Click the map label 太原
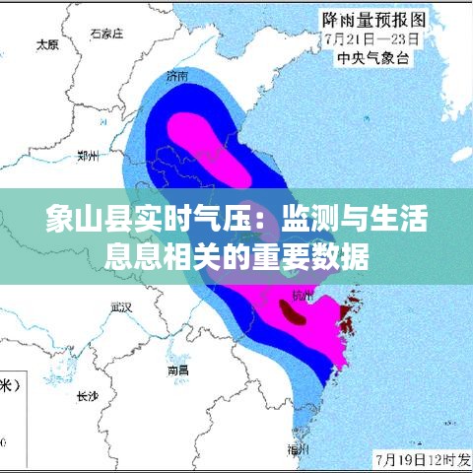(46, 44)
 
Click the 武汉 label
(121, 306)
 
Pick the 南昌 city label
(178, 370)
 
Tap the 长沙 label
(87, 397)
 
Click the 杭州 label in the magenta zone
(302, 296)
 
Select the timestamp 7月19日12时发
(422, 460)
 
